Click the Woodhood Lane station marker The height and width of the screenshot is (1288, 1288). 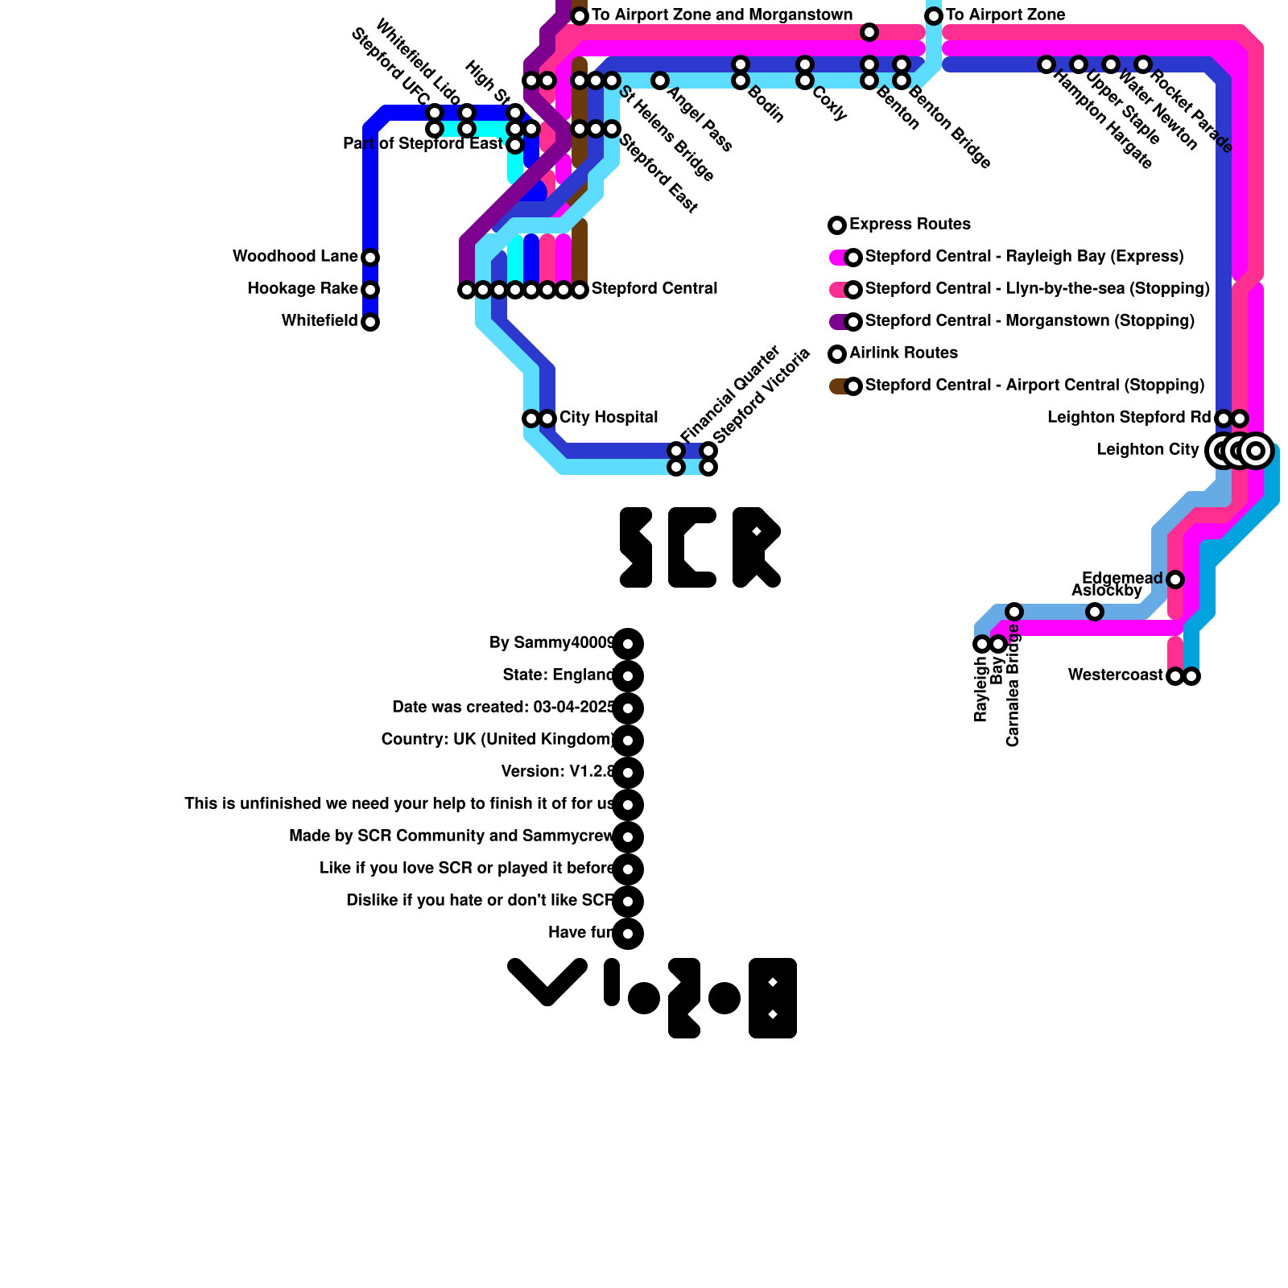click(x=370, y=258)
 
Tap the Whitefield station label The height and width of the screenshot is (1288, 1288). click(x=319, y=321)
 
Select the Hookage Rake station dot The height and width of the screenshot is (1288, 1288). click(x=370, y=290)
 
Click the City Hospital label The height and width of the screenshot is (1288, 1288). click(x=608, y=418)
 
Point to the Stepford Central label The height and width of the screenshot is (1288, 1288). click(x=654, y=289)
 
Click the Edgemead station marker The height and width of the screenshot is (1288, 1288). click(x=1175, y=580)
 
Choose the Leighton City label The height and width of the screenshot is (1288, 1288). click(x=1147, y=450)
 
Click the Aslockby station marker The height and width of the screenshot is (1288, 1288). click(x=1095, y=612)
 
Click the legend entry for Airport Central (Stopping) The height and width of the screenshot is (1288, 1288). click(x=1034, y=386)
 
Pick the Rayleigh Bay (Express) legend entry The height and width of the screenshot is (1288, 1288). click(x=1023, y=257)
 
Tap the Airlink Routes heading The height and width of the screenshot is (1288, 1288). click(x=903, y=353)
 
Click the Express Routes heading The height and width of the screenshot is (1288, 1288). click(x=910, y=225)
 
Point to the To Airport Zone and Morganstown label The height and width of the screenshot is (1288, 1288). click(x=721, y=15)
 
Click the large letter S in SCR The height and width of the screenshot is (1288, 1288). click(x=636, y=547)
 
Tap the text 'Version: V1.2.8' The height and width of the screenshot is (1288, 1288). click(x=558, y=772)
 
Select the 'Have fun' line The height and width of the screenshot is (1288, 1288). click(x=580, y=933)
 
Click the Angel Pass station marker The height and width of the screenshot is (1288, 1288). click(x=660, y=80)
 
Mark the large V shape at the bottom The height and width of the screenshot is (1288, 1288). click(x=547, y=982)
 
